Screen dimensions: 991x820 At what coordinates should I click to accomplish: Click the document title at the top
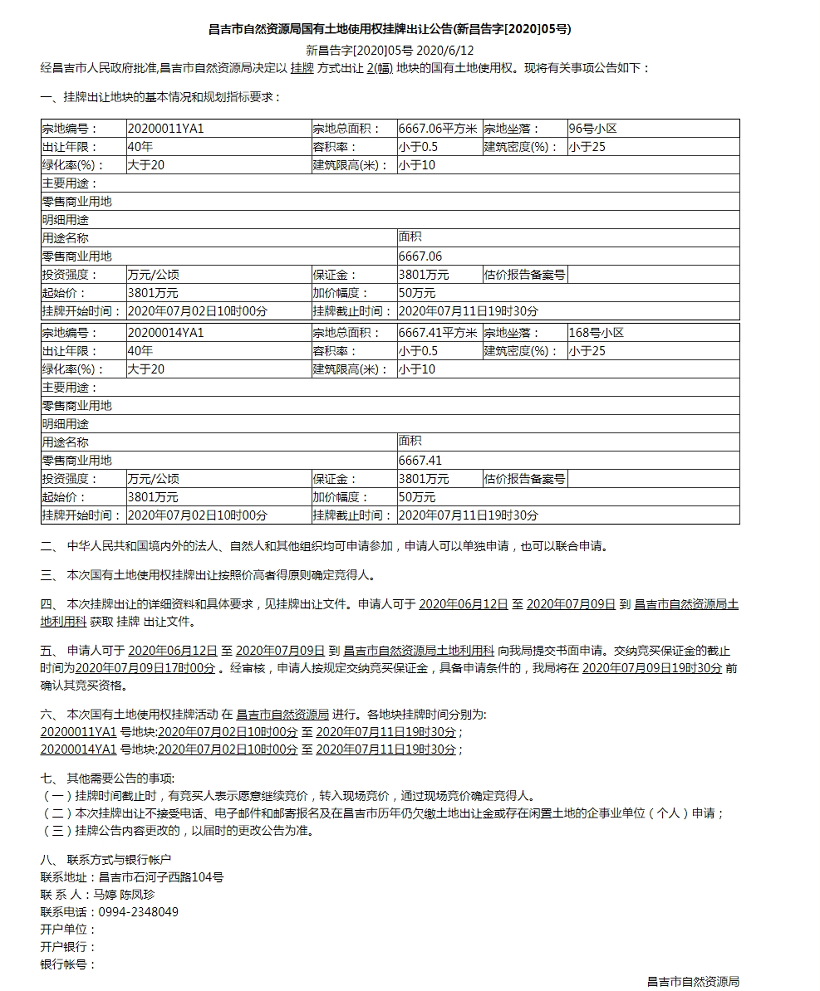coord(390,29)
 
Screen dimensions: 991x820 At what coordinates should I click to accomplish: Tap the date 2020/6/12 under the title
coord(445,50)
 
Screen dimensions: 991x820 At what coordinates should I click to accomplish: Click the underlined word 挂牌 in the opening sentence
coord(302,69)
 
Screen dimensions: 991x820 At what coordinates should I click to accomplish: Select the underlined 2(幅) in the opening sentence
coord(380,69)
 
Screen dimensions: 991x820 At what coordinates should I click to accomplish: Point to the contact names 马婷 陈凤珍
coord(124,894)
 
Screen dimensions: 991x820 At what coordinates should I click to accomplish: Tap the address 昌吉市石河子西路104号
coord(161,877)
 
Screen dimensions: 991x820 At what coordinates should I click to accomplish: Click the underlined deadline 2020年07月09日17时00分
coord(145,668)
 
